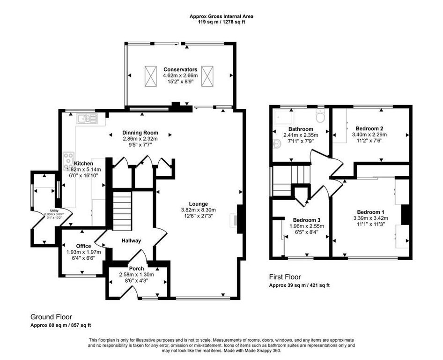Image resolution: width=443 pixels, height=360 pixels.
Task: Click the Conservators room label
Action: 180,69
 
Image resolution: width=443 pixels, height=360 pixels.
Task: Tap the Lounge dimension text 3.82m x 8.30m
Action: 199,210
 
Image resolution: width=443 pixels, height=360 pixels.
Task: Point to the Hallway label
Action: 131,240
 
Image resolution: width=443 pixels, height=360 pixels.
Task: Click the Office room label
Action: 84,246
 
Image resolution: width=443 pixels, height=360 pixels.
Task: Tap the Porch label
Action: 136,269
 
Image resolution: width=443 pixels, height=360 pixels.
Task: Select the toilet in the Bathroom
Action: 321,116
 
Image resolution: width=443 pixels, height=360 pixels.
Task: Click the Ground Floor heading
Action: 51,317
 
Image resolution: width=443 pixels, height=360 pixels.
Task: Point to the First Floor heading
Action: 285,277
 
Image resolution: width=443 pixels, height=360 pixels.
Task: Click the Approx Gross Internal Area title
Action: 221,16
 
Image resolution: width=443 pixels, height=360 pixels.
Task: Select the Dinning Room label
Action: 140,133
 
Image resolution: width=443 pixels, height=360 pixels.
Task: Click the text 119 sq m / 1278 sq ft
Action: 221,22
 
